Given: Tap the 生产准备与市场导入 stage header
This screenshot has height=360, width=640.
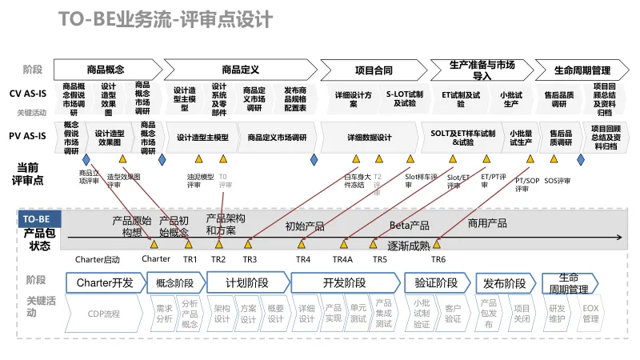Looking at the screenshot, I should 481,70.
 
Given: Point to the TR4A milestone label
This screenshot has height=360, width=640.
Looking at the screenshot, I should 342,259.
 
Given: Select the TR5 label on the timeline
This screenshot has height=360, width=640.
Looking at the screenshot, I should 379,259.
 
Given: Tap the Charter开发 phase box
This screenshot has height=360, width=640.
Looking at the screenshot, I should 104,282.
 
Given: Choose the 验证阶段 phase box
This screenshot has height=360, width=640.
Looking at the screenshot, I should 437,282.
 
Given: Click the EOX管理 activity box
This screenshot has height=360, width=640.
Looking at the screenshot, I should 590,314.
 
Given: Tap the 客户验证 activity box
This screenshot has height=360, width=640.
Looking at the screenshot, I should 453,314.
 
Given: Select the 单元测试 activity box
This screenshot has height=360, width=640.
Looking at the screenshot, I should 358,314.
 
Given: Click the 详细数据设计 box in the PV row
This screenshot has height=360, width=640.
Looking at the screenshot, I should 370,138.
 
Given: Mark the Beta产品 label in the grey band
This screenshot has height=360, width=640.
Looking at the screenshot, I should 410,226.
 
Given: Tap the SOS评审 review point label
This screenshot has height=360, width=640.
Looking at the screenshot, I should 557,180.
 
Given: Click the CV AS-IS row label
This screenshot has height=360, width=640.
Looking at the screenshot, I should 28,94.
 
